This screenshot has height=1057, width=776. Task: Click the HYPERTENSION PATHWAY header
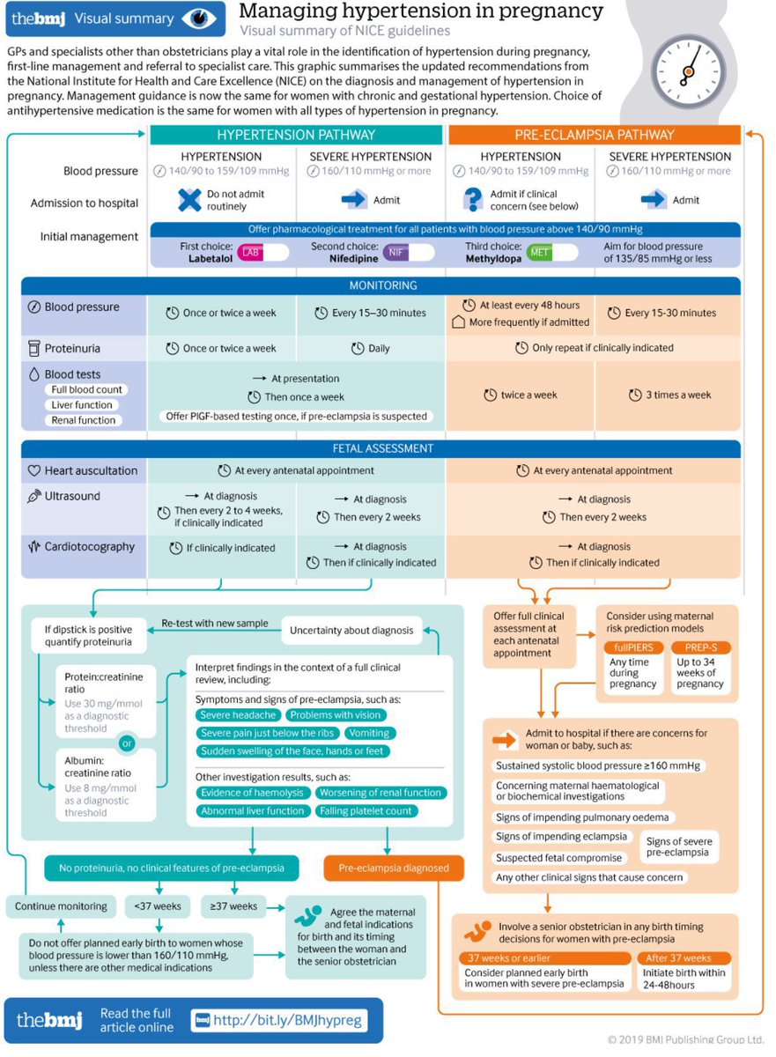[295, 135]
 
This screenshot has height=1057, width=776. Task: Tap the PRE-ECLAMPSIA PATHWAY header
[594, 135]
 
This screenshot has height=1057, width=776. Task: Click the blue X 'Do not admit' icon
[189, 200]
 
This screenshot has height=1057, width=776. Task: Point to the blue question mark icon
[474, 200]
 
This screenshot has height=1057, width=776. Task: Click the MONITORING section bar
[381, 285]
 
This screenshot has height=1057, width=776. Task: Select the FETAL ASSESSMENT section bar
[381, 448]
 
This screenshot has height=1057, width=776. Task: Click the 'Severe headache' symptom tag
[238, 715]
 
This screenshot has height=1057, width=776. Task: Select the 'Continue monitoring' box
[61, 905]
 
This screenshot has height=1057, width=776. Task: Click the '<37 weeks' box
[159, 905]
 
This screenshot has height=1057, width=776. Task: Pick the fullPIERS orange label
[632, 647]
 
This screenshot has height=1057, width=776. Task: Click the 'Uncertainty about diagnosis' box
[351, 630]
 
